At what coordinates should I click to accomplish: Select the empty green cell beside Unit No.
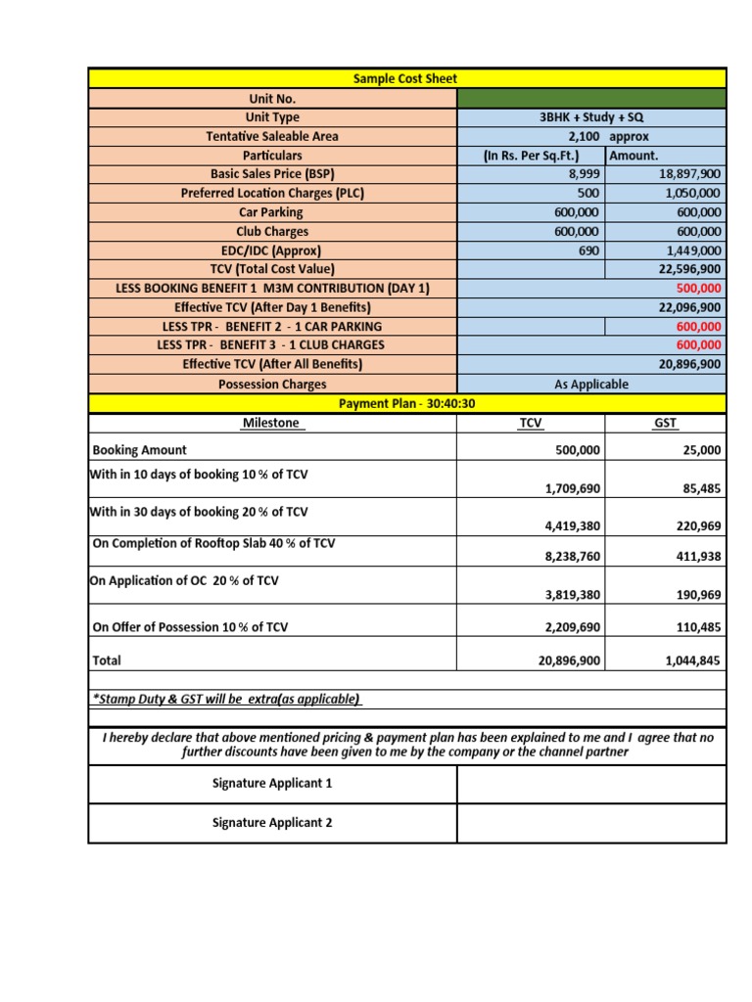[591, 98]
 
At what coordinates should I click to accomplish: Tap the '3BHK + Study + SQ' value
[591, 117]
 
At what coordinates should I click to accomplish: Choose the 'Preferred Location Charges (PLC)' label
[272, 193]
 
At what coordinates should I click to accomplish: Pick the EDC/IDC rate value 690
[587, 250]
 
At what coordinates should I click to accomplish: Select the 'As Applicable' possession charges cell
[591, 385]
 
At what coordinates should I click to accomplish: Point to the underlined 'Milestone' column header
[272, 423]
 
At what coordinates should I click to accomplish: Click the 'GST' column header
[665, 423]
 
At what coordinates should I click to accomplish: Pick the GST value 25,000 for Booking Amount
[697, 450]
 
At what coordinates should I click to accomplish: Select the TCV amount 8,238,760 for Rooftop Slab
[572, 556]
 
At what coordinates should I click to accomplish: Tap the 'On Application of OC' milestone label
[184, 580]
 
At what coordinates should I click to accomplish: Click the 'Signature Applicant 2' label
[272, 823]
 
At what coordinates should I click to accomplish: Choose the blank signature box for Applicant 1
[591, 784]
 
